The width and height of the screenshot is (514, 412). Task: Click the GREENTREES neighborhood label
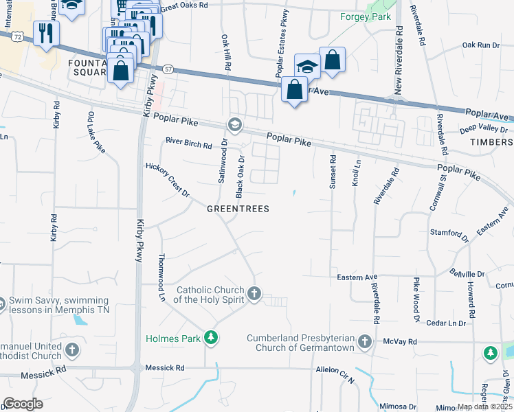tap(238, 208)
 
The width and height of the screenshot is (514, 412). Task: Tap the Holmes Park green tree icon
tap(212, 338)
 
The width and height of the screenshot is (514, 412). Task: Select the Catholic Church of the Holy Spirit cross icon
tap(254, 295)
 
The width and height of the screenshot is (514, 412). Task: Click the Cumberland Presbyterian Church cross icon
tap(364, 341)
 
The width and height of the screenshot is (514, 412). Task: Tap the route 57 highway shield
tap(168, 69)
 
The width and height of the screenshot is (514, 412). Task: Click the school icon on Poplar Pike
tap(235, 124)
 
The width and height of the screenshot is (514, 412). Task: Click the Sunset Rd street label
tap(333, 168)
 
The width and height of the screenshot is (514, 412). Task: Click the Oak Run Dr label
tap(480, 45)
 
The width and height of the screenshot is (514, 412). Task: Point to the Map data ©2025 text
tap(484, 407)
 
